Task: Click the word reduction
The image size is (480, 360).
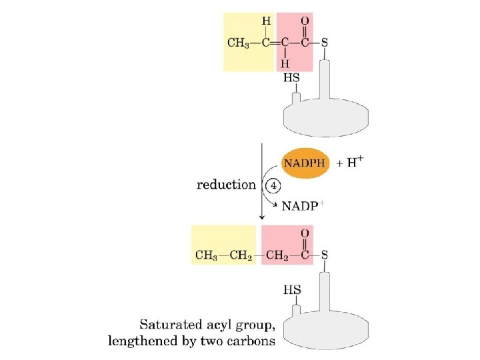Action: point(226,185)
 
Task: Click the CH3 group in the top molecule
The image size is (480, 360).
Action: point(238,43)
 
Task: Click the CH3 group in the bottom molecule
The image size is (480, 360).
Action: point(207,255)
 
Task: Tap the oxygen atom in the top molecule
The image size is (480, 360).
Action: point(305,21)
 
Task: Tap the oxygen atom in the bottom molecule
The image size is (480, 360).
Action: point(305,233)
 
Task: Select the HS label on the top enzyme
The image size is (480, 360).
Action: point(291,79)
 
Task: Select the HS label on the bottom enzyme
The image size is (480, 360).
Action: point(291,290)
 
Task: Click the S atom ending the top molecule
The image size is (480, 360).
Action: point(325,43)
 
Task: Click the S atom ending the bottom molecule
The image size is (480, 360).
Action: point(325,255)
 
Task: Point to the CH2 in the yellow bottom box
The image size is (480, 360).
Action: point(241,255)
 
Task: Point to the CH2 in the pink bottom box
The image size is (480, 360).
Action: point(278,255)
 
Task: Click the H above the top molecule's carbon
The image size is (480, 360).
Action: point(266,21)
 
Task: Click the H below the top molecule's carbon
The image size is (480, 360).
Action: point(285,64)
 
